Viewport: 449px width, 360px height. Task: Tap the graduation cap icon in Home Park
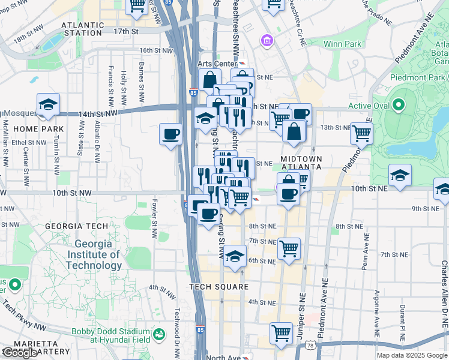(x=49, y=104)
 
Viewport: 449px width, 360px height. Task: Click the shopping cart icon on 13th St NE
(x=361, y=133)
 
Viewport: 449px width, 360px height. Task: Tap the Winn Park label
(x=342, y=44)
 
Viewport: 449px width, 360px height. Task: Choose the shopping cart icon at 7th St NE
(x=289, y=248)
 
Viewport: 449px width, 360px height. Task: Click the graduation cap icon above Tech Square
(x=235, y=256)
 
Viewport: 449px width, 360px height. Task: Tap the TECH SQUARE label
(x=218, y=287)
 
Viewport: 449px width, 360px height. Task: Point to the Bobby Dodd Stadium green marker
(x=159, y=334)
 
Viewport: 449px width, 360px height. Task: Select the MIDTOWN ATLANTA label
(x=302, y=163)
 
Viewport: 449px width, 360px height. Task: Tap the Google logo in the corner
(x=20, y=353)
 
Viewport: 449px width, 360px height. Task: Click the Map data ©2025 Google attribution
(x=411, y=355)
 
